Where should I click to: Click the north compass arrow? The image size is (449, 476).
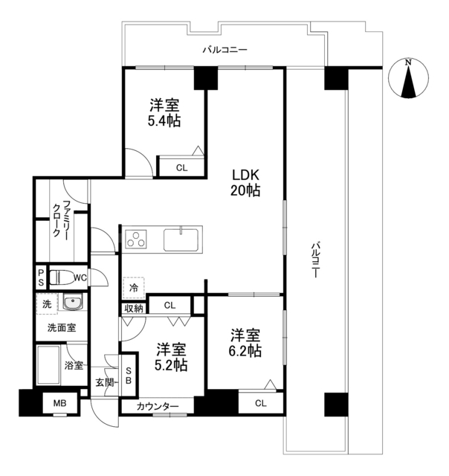click(x=408, y=80)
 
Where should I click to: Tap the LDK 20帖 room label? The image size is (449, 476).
click(x=245, y=183)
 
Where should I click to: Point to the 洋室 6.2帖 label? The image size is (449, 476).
click(x=245, y=344)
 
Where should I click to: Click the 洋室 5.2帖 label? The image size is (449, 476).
click(x=170, y=358)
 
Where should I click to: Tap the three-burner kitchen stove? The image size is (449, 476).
click(x=137, y=239)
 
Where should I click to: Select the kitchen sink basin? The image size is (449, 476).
click(x=181, y=240)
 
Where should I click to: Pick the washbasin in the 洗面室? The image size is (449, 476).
click(x=72, y=304)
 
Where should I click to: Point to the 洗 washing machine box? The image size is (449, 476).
click(x=47, y=305)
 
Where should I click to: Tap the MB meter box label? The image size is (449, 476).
click(x=59, y=405)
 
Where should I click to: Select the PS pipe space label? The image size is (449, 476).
click(x=41, y=277)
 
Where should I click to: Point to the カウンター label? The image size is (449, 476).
click(x=157, y=407)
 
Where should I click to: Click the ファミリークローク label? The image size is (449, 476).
click(x=61, y=218)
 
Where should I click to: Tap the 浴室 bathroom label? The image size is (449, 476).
click(x=72, y=365)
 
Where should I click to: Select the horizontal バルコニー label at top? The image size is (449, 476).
click(x=225, y=51)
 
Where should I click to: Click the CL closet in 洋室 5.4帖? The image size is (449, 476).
click(x=181, y=167)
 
